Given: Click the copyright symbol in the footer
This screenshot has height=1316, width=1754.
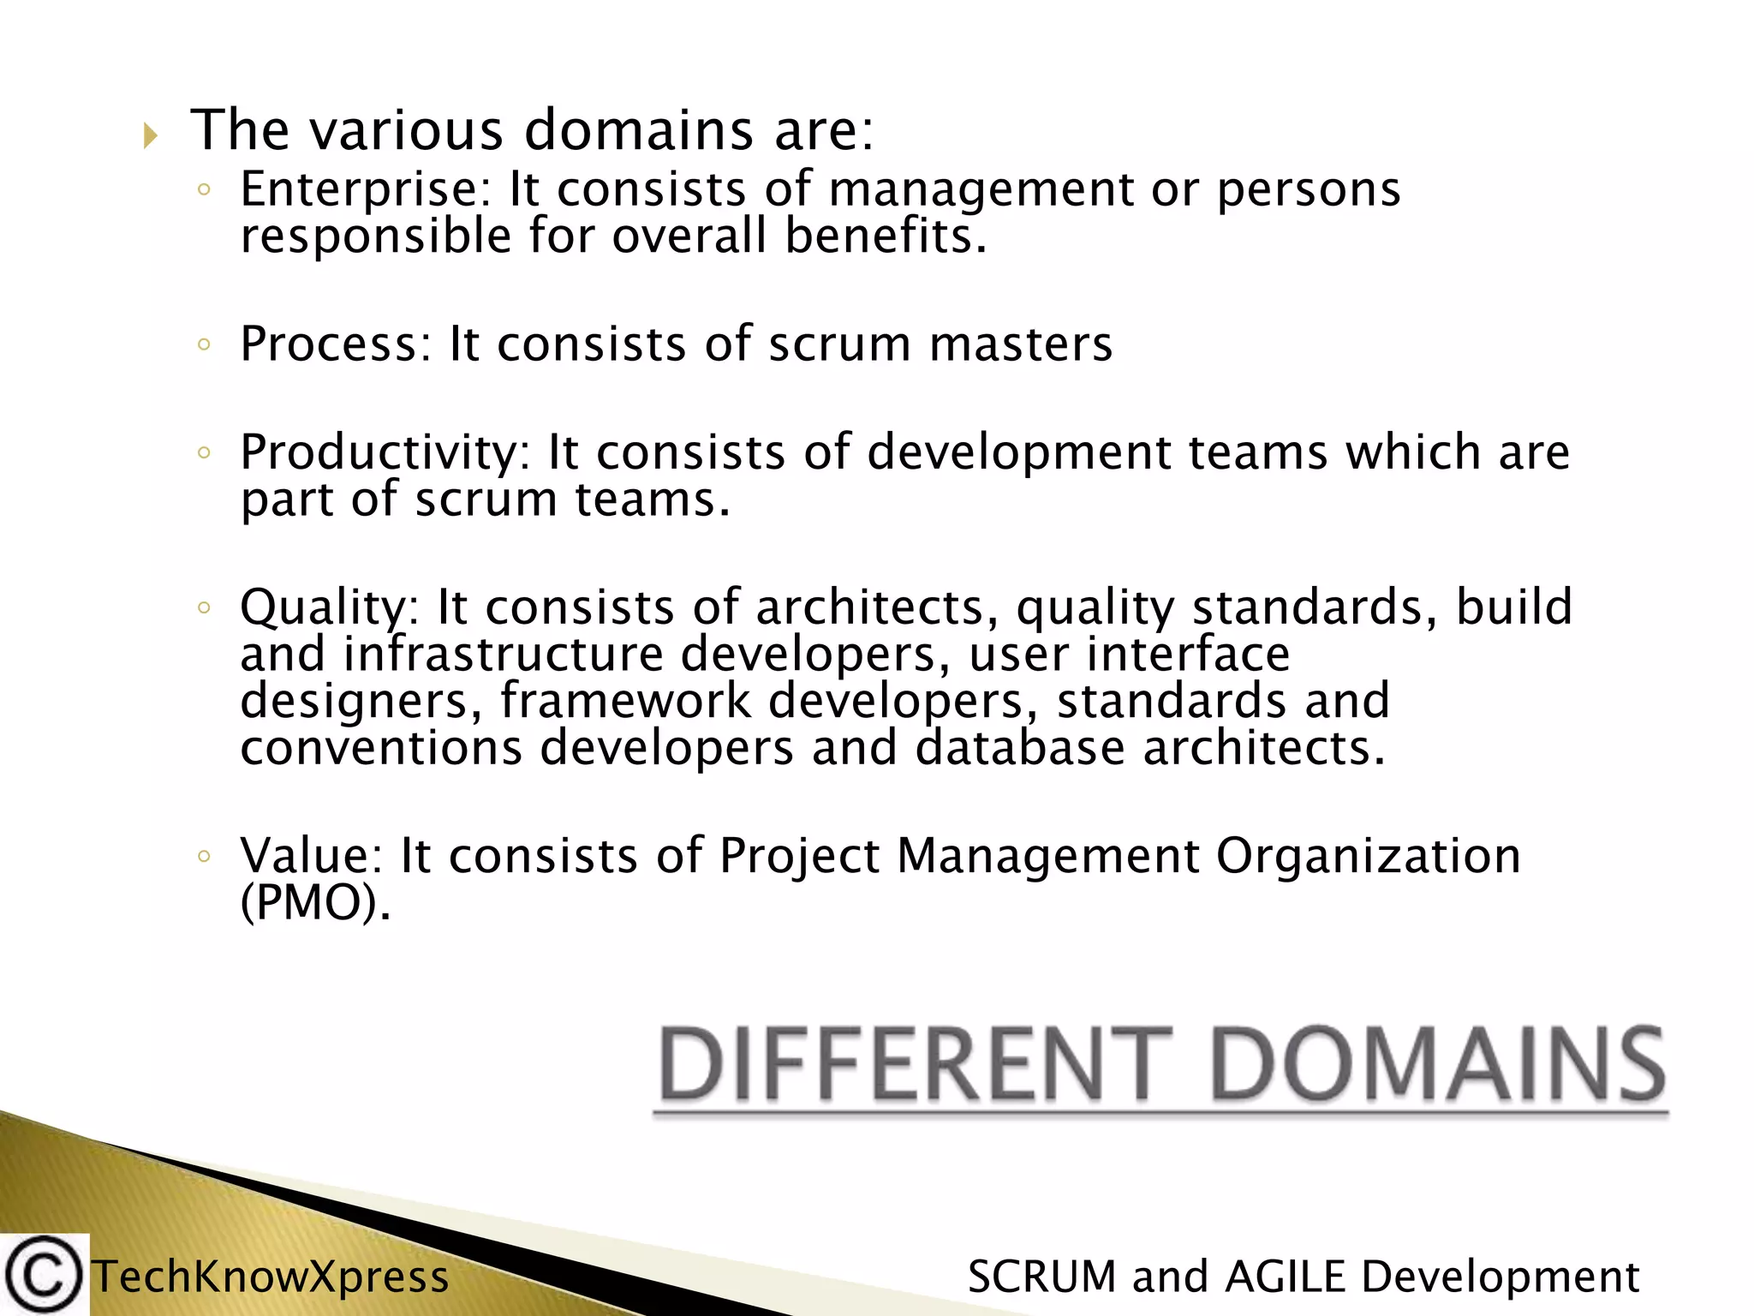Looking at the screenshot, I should (43, 1276).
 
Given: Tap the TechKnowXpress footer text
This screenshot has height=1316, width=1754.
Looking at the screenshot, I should (271, 1277).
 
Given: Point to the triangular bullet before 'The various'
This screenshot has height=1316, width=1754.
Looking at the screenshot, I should (151, 135).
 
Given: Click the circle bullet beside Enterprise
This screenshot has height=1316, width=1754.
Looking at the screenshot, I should (203, 190).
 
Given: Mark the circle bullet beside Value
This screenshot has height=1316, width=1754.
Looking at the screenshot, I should (203, 856).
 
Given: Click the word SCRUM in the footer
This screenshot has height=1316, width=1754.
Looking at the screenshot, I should (1041, 1277).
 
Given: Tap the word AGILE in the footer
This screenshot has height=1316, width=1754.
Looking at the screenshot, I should (1285, 1277).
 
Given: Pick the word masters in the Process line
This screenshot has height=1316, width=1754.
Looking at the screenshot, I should (1021, 344).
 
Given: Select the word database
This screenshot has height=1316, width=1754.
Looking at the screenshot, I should (1019, 747).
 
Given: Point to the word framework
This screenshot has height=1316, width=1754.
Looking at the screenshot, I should (625, 701).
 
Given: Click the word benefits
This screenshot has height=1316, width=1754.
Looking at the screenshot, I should (886, 236).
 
